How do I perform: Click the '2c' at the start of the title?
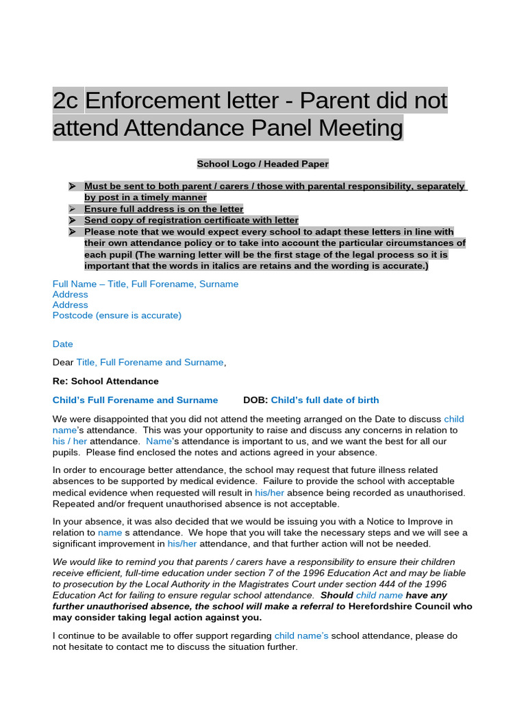[66, 101]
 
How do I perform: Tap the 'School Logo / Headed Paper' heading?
[263, 164]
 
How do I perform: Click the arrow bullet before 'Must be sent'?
[71, 186]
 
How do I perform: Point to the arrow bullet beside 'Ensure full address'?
[71, 209]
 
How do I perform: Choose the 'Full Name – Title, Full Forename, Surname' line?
[145, 284]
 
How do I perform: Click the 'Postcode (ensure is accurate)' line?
[117, 315]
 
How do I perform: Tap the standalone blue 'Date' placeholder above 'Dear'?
[62, 344]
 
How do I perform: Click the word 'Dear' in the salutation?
[63, 362]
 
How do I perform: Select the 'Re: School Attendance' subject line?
[105, 381]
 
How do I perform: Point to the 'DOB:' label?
[255, 400]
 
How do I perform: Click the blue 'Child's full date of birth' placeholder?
[325, 400]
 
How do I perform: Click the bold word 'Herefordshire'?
[381, 606]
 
